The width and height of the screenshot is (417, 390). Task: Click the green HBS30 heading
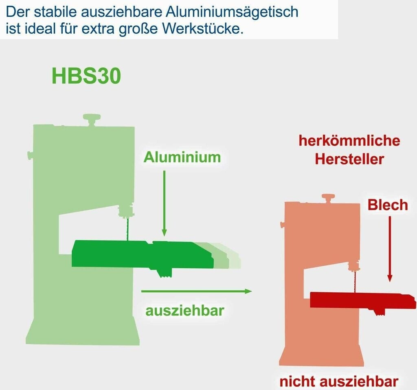click(x=86, y=76)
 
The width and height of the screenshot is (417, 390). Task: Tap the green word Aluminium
click(x=182, y=157)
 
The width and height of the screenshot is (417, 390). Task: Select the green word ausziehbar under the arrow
click(x=185, y=311)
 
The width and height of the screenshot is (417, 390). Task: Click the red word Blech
click(x=388, y=205)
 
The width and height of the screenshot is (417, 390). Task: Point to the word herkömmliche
click(x=349, y=140)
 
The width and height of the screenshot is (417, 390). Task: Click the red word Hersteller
click(x=349, y=159)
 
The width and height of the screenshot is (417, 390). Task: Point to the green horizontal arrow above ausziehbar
click(x=197, y=291)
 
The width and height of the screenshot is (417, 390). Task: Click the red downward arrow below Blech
click(x=390, y=249)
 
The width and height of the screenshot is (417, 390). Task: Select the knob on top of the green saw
click(x=92, y=120)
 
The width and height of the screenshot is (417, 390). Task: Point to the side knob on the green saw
click(x=30, y=155)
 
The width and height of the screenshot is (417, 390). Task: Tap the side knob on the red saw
click(x=283, y=225)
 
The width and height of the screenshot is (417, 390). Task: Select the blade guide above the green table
click(x=126, y=210)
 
